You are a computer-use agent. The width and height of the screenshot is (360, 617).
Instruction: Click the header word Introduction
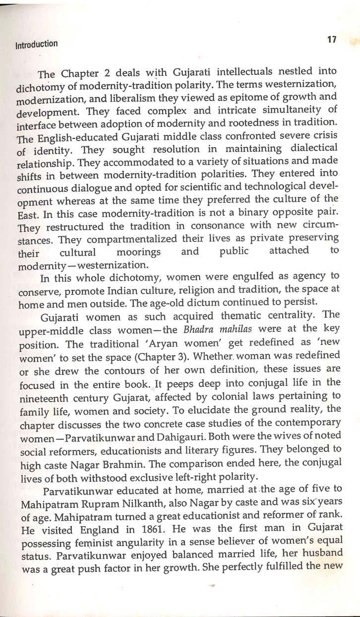point(33,43)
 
